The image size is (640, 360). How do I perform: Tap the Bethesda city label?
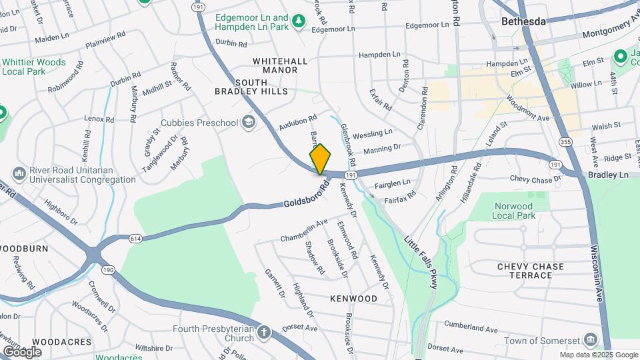click(x=523, y=21)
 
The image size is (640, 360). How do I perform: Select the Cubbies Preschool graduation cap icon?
click(x=249, y=122)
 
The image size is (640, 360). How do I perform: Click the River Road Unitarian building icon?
click(x=19, y=174)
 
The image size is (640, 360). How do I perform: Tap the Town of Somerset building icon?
click(x=590, y=341)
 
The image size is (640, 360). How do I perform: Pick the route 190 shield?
click(x=107, y=270)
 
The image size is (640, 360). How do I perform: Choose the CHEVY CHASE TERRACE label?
click(x=530, y=271)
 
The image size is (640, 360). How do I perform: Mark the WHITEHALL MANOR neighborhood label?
click(x=280, y=65)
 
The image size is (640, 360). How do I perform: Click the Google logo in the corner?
click(x=21, y=351)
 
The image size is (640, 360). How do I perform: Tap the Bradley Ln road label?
click(x=608, y=174)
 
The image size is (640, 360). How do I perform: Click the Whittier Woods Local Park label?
click(x=33, y=67)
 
